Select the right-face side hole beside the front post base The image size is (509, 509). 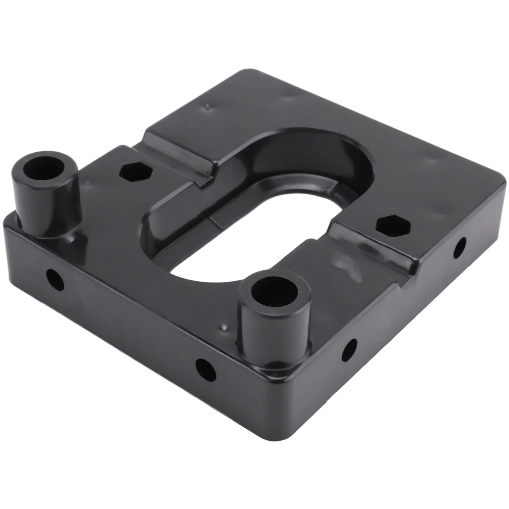[350, 350]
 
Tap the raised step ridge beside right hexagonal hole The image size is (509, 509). [373, 248]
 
